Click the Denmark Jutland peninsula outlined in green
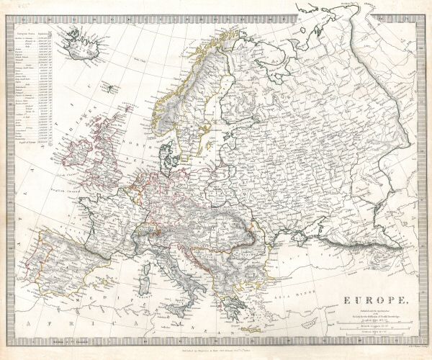pos(168,151)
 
